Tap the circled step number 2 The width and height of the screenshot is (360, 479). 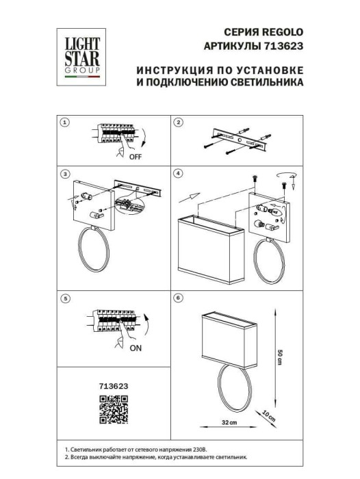[178, 123]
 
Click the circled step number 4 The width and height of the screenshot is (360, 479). [178, 174]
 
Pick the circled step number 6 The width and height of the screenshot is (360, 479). [178, 298]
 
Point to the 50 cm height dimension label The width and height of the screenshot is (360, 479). [279, 356]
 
